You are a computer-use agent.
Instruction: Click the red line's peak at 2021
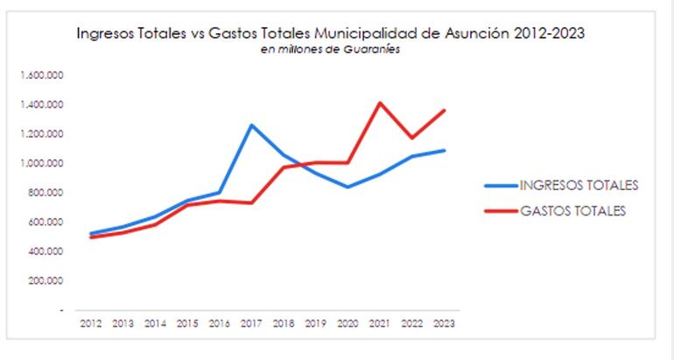pos(380,103)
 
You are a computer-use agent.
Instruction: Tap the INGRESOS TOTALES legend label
pos(579,185)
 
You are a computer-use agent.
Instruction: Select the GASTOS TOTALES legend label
pos(573,210)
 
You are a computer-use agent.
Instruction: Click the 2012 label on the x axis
pos(90,323)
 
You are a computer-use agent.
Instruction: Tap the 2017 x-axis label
pos(251,323)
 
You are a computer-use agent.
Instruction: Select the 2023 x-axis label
pos(444,323)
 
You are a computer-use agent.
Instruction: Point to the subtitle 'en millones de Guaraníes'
pos(331,49)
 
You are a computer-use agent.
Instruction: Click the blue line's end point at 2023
pos(444,151)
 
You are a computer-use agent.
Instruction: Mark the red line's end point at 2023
pos(444,110)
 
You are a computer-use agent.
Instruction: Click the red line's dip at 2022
pos(411,138)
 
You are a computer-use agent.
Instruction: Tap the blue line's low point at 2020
pos(348,187)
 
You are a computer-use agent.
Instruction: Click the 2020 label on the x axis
pos(348,323)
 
